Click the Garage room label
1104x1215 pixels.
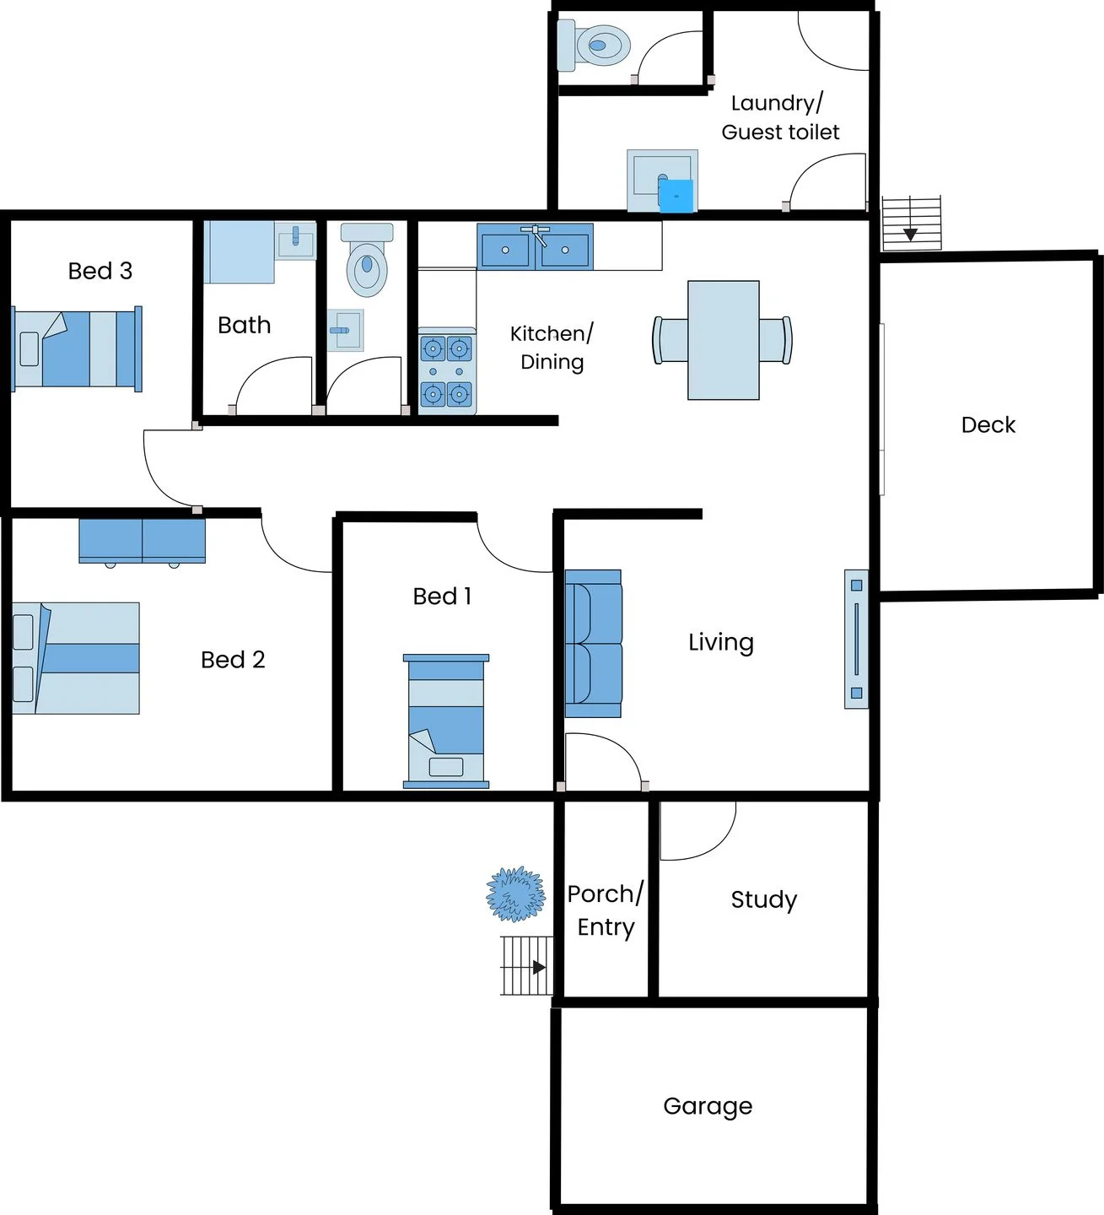[x=708, y=1107]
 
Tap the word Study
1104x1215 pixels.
[x=763, y=899]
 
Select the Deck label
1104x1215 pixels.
[x=988, y=424]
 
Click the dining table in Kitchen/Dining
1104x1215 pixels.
[x=723, y=340]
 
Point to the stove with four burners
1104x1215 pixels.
[x=447, y=370]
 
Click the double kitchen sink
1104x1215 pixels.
[x=535, y=246]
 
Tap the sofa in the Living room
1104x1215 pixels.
[x=593, y=643]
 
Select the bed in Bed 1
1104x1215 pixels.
[x=446, y=721]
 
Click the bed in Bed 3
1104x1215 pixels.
[x=77, y=348]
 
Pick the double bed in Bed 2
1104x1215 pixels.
[x=76, y=658]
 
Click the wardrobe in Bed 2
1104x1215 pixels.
[x=143, y=541]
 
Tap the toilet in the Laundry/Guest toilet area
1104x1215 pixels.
[x=593, y=45]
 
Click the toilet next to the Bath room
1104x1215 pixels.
[x=367, y=260]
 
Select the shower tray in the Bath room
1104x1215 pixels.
[x=239, y=252]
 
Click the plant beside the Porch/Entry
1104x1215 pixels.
[x=516, y=894]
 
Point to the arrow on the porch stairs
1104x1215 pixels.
[x=539, y=967]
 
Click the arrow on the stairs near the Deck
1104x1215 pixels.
[x=910, y=235]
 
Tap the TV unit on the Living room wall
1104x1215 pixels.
[x=856, y=639]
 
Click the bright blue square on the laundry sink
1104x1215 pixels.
[x=676, y=197]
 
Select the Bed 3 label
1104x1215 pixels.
[x=100, y=271]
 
